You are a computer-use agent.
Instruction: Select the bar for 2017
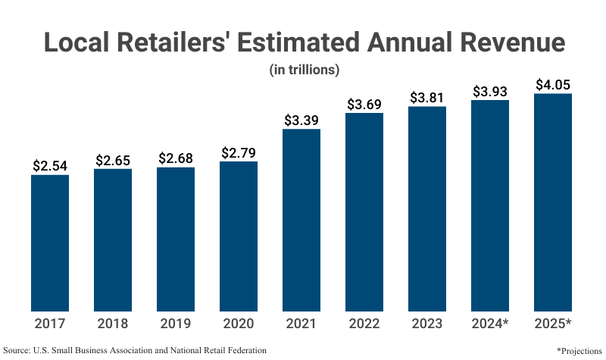(50, 243)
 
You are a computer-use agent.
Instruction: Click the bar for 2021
(301, 220)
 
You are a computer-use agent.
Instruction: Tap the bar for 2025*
(553, 202)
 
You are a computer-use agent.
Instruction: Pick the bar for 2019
(176, 239)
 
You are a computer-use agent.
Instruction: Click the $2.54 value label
(50, 166)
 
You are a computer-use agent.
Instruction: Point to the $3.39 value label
(301, 121)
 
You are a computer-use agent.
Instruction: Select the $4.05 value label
(553, 85)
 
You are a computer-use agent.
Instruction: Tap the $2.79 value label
(239, 153)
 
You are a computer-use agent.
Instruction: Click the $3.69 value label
(364, 104)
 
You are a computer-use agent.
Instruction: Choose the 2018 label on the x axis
(112, 324)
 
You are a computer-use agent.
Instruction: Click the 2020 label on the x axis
(239, 324)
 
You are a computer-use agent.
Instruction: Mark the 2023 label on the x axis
(426, 324)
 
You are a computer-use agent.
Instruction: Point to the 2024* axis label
(489, 324)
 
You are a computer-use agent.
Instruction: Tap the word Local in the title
(77, 42)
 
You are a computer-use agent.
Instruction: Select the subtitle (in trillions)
(305, 70)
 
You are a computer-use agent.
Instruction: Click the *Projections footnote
(579, 351)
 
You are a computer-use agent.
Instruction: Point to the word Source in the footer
(16, 350)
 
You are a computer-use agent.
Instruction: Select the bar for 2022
(364, 212)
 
